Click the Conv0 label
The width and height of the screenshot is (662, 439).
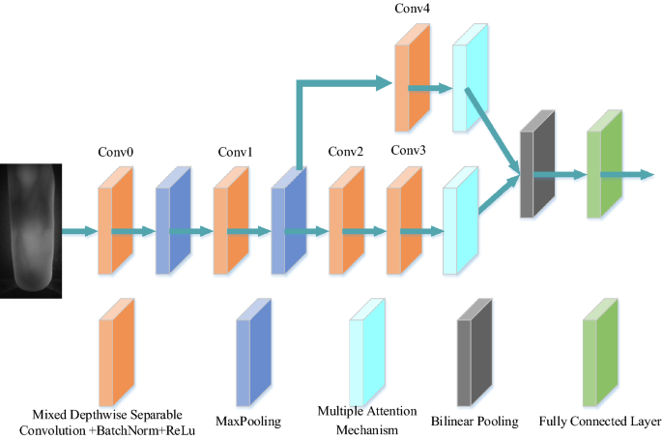(115, 152)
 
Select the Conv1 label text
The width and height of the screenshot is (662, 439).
(235, 152)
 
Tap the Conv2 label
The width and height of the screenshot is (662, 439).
(345, 152)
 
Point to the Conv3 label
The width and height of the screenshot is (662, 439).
(410, 151)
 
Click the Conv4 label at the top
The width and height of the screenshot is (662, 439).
(413, 9)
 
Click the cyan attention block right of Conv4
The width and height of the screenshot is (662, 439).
(472, 76)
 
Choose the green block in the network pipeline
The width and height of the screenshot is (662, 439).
(605, 165)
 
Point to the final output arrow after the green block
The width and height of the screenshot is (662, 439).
(634, 175)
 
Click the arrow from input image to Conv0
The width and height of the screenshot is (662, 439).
(79, 231)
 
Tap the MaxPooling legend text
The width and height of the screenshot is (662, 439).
(248, 421)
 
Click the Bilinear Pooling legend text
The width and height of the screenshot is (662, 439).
(475, 421)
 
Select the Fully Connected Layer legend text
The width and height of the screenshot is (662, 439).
(600, 421)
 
